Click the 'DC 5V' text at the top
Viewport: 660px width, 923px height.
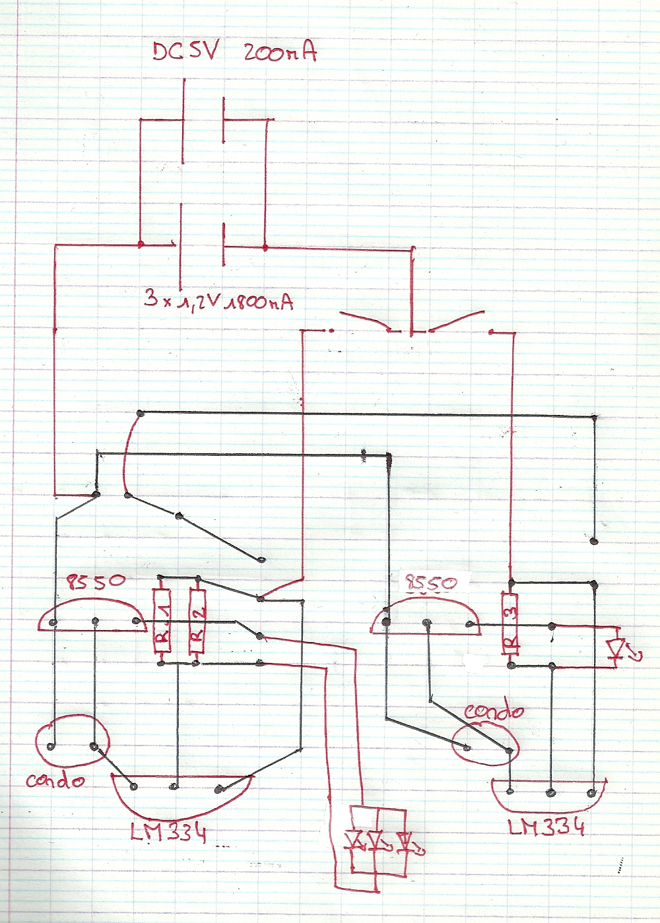tap(184, 52)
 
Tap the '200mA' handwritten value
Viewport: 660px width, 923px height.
tap(280, 52)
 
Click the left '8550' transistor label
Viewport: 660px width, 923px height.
tap(96, 582)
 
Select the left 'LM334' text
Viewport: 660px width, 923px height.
tap(168, 833)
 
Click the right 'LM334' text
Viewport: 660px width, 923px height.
tap(546, 826)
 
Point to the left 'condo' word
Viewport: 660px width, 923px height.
tap(55, 780)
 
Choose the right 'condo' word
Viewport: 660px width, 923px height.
tap(494, 711)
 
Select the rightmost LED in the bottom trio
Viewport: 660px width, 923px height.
tap(403, 841)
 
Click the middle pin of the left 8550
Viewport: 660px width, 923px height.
tap(96, 620)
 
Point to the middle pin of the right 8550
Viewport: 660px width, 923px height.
tap(428, 622)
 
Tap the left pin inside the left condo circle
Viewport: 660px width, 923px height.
tap(51, 747)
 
